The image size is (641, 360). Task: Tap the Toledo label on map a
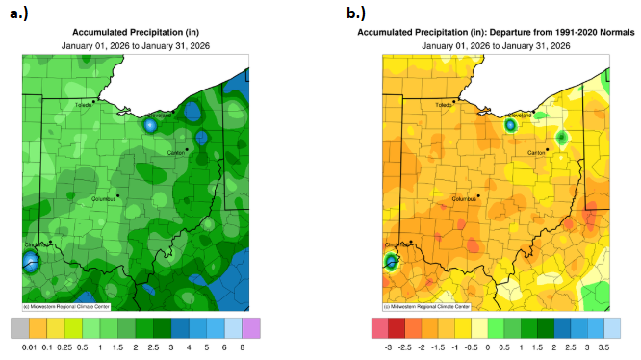[x=84, y=104]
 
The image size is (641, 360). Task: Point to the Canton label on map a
[x=177, y=152]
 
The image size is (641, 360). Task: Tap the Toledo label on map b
[x=443, y=104]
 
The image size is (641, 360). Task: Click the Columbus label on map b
[x=464, y=199]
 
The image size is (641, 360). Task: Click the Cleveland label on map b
[x=521, y=115]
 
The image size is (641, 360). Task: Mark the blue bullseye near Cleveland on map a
[x=150, y=124]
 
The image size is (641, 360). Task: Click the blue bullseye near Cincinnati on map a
[x=30, y=260]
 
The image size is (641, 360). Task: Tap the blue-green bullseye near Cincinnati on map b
[x=391, y=261]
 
